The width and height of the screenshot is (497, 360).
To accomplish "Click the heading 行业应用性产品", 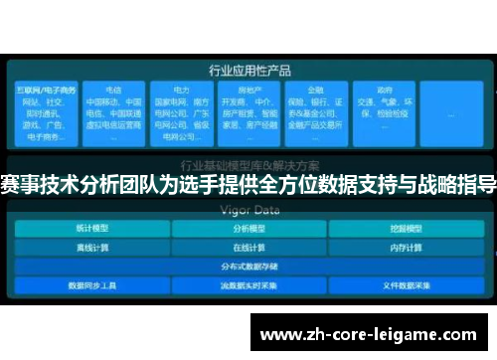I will click(248, 70).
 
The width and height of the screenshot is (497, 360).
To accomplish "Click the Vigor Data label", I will click(248, 210).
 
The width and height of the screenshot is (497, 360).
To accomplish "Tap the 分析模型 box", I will click(248, 228).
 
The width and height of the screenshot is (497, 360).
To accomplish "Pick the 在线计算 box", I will click(248, 247).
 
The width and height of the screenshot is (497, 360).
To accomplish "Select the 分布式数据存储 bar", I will click(248, 266).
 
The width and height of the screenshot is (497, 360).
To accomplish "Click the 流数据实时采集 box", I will click(248, 284).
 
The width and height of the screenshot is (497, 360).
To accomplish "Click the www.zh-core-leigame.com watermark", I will click(368, 334).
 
